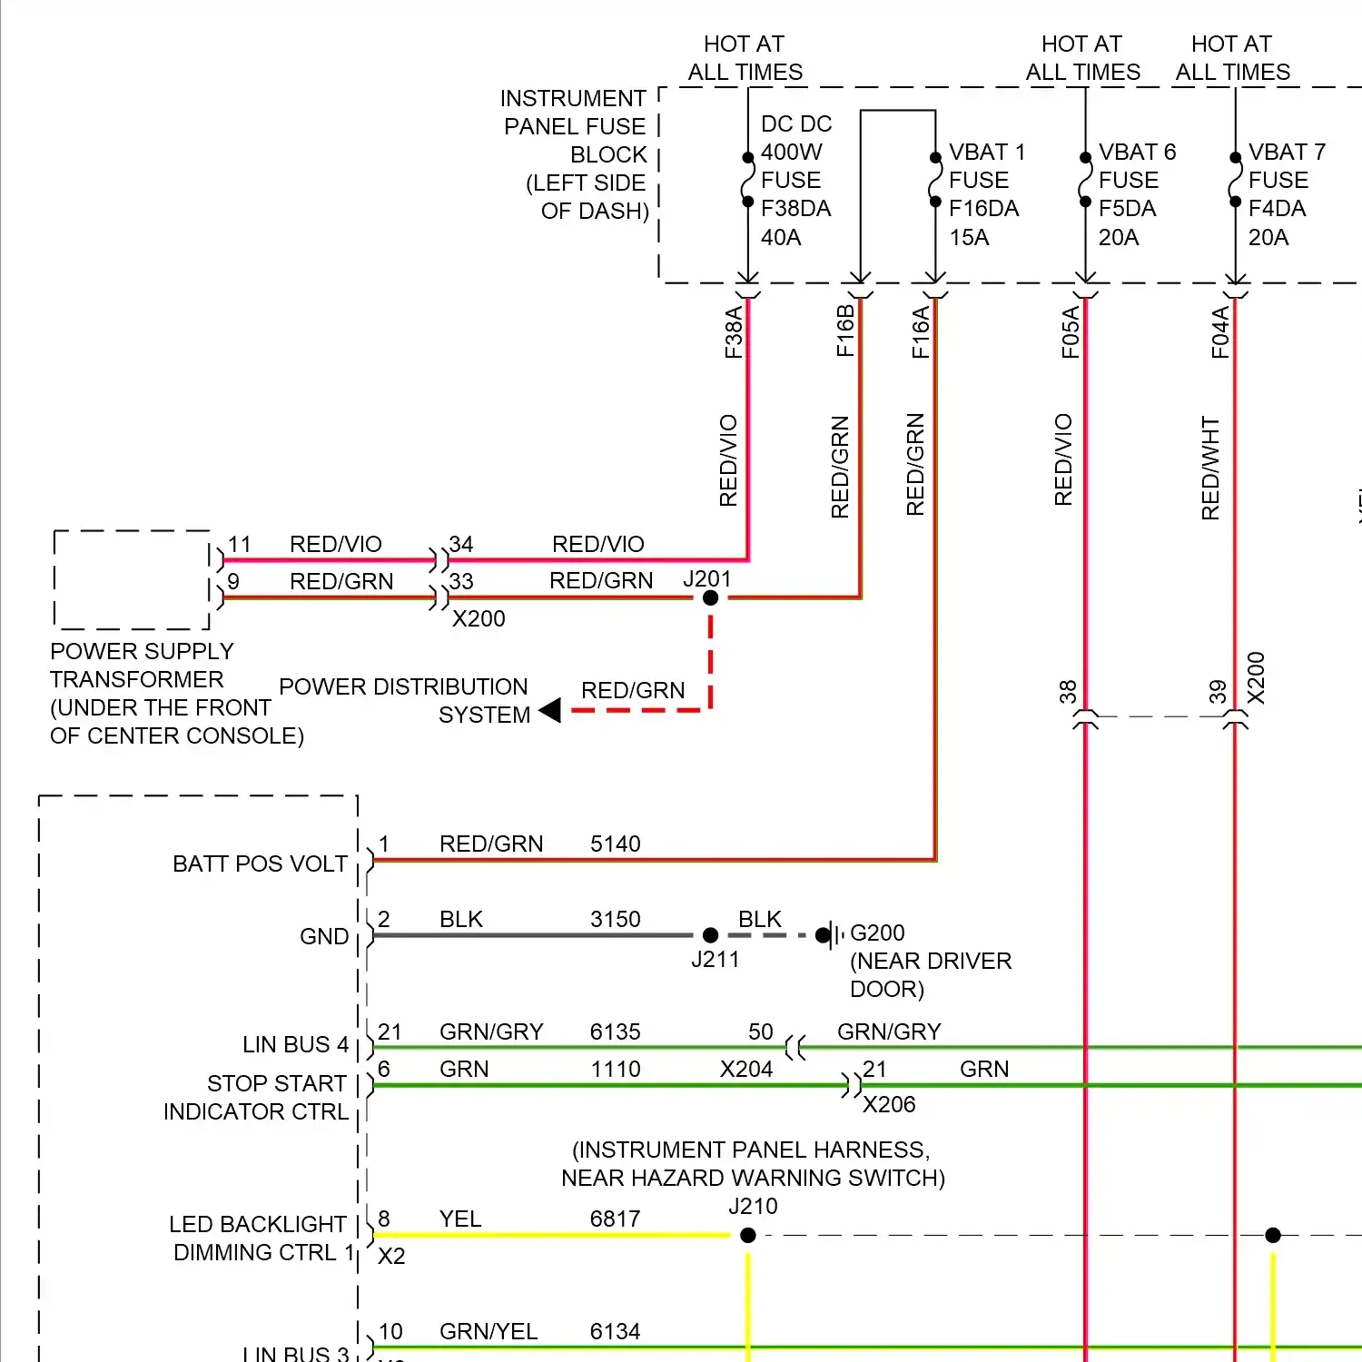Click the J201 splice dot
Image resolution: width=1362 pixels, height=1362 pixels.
[x=710, y=597]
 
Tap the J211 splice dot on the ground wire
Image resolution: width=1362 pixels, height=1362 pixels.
[x=710, y=935]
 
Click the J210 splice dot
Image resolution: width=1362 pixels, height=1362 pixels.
[x=748, y=1235]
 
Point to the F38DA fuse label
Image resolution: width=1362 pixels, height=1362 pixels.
[x=795, y=209]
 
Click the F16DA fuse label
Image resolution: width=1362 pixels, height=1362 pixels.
[x=983, y=209]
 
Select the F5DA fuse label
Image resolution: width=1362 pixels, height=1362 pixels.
[x=1127, y=209]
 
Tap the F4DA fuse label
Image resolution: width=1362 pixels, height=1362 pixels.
[x=1277, y=209]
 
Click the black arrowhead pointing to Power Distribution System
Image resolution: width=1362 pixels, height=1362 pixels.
[x=550, y=710]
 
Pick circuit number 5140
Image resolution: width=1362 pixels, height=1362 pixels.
[x=615, y=844]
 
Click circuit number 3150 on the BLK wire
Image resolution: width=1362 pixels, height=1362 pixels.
[x=615, y=919]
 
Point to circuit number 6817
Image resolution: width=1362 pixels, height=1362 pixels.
[x=615, y=1219]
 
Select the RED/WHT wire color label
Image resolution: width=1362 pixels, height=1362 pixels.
[x=1209, y=468]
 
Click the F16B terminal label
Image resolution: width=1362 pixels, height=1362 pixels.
[x=844, y=331]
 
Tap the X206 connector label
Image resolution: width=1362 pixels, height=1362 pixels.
[x=888, y=1104]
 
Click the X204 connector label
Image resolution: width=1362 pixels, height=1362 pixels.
[x=745, y=1069]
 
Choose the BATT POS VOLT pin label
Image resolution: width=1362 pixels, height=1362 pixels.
[x=260, y=864]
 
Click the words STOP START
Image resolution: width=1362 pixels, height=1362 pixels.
[x=276, y=1083]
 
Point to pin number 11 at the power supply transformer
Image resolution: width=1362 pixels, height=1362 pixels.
[x=239, y=544]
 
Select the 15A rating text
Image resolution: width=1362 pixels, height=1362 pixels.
[x=969, y=237]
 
